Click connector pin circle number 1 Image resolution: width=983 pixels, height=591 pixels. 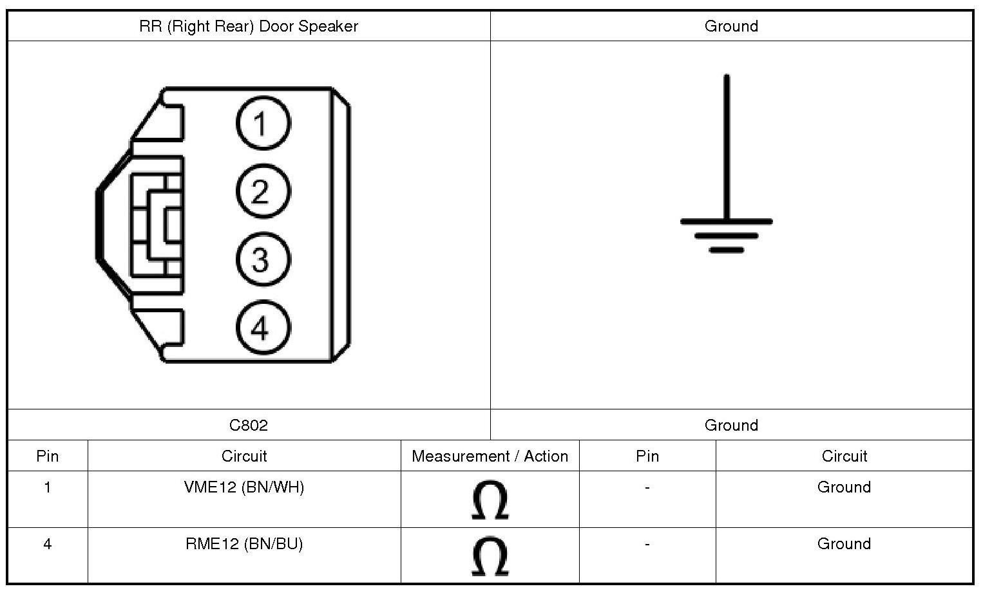[263, 123]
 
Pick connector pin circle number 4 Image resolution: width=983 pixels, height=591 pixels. [263, 328]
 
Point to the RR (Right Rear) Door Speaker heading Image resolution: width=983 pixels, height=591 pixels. [249, 26]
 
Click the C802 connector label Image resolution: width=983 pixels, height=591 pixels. [249, 425]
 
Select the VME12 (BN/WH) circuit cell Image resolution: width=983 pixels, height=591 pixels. [244, 487]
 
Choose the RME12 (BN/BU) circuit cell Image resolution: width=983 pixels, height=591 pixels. [244, 544]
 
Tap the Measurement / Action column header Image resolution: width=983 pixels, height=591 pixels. [490, 456]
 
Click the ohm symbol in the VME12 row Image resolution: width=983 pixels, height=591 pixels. [490, 500]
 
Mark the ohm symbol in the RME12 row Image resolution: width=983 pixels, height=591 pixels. [490, 556]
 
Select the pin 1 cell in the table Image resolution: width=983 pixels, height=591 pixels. [48, 487]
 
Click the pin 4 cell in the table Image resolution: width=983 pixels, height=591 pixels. [48, 544]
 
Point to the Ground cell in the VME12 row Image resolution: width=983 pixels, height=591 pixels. [844, 487]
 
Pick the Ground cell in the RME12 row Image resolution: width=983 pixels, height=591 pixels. [844, 544]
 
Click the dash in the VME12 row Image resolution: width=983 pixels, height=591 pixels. [647, 487]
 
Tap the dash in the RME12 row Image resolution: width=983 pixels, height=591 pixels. [647, 544]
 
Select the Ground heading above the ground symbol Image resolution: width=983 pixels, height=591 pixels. [731, 26]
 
